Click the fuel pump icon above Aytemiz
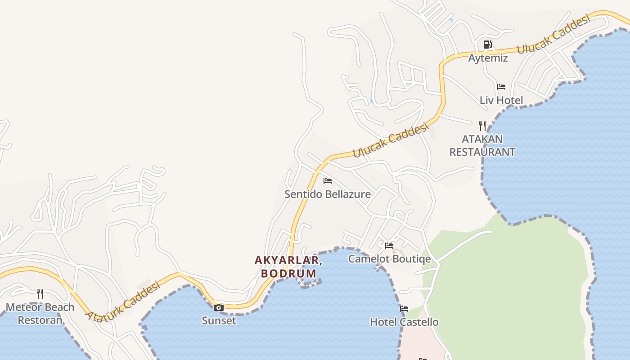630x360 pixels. click(487, 45)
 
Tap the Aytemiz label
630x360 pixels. click(488, 58)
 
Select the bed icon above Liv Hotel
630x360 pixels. click(501, 86)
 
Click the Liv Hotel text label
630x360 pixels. click(501, 100)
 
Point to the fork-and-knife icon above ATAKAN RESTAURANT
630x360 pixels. click(482, 126)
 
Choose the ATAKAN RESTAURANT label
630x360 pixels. click(482, 145)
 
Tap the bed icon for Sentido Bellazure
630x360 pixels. click(328, 181)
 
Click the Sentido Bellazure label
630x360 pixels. click(328, 194)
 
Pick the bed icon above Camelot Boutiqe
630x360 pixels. click(389, 246)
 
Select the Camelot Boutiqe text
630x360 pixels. click(389, 259)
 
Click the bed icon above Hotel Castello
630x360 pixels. click(404, 309)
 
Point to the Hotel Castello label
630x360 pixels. click(404, 322)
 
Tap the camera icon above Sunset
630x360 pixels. click(219, 308)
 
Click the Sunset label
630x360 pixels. click(219, 321)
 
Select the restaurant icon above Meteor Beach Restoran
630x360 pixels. click(40, 294)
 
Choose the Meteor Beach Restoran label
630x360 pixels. click(40, 314)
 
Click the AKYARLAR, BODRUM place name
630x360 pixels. click(288, 267)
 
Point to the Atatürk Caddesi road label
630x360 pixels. click(123, 301)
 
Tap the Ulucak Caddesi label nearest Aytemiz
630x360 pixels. click(553, 34)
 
